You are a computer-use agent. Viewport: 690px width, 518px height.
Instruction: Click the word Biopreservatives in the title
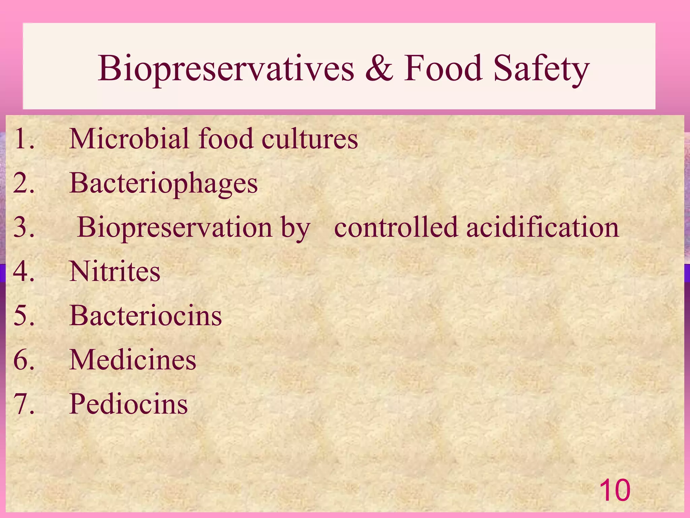point(226,69)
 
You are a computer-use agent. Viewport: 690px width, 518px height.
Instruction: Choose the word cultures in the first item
point(310,139)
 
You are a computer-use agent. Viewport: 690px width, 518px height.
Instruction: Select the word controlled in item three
point(396,227)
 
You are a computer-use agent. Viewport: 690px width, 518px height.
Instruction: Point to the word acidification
point(542,227)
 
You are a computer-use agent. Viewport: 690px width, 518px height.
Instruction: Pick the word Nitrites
point(115,271)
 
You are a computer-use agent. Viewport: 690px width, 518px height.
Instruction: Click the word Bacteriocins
point(146,315)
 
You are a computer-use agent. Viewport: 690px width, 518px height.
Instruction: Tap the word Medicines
point(132,359)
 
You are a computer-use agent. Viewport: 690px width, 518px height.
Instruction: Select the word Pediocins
point(128,404)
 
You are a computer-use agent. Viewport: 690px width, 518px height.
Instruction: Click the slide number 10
point(615,490)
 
